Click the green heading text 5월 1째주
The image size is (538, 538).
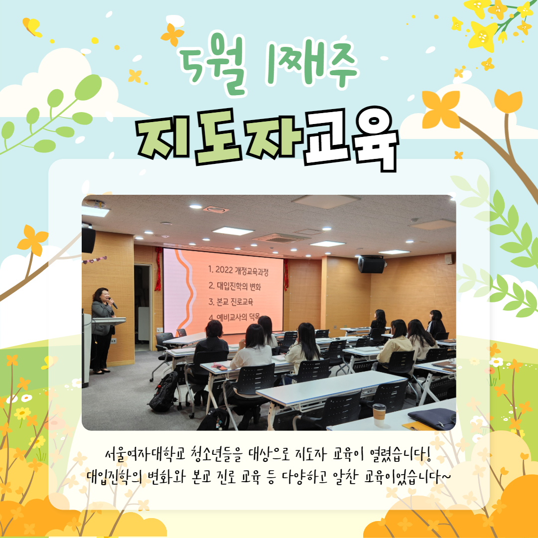[x=269, y=65]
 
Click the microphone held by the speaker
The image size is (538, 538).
[x=113, y=303]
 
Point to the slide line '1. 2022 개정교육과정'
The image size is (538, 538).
[x=238, y=270]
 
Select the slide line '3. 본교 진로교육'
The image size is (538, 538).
[x=231, y=301]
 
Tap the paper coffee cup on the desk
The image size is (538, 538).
[x=379, y=415]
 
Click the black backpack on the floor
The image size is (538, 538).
[x=164, y=392]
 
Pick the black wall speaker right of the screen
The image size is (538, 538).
[x=371, y=265]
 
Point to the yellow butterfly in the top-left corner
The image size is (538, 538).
[x=32, y=27]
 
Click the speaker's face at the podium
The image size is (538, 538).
[x=105, y=296]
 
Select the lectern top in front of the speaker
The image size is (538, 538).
[x=109, y=321]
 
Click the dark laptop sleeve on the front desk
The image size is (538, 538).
[x=432, y=418]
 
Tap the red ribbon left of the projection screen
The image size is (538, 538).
[x=158, y=269]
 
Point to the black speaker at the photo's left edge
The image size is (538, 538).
[x=89, y=240]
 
